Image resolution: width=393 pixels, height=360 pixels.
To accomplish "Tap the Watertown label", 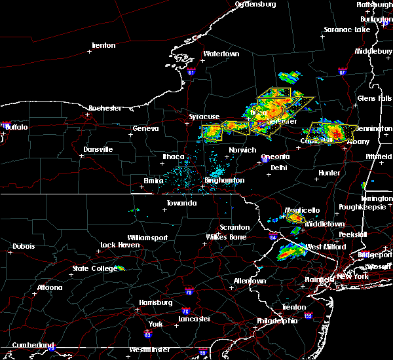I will point(221,54).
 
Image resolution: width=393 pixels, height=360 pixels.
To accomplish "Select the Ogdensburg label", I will point(255,4).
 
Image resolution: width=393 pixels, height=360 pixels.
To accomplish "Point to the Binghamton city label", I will point(225,180).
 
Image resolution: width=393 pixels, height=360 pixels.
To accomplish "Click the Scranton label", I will point(234,227).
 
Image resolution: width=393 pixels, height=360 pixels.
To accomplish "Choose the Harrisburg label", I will point(155,302).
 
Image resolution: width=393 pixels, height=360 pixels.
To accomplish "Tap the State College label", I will point(89,268).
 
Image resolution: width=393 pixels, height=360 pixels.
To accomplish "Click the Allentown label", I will point(251,281).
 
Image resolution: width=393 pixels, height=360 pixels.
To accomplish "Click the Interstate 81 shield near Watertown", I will point(191,71).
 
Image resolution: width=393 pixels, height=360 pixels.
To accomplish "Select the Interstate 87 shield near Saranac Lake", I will point(342,70).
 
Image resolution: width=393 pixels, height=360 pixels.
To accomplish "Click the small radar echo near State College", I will point(120,268).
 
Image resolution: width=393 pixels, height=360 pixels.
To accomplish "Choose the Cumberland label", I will point(28,345).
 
